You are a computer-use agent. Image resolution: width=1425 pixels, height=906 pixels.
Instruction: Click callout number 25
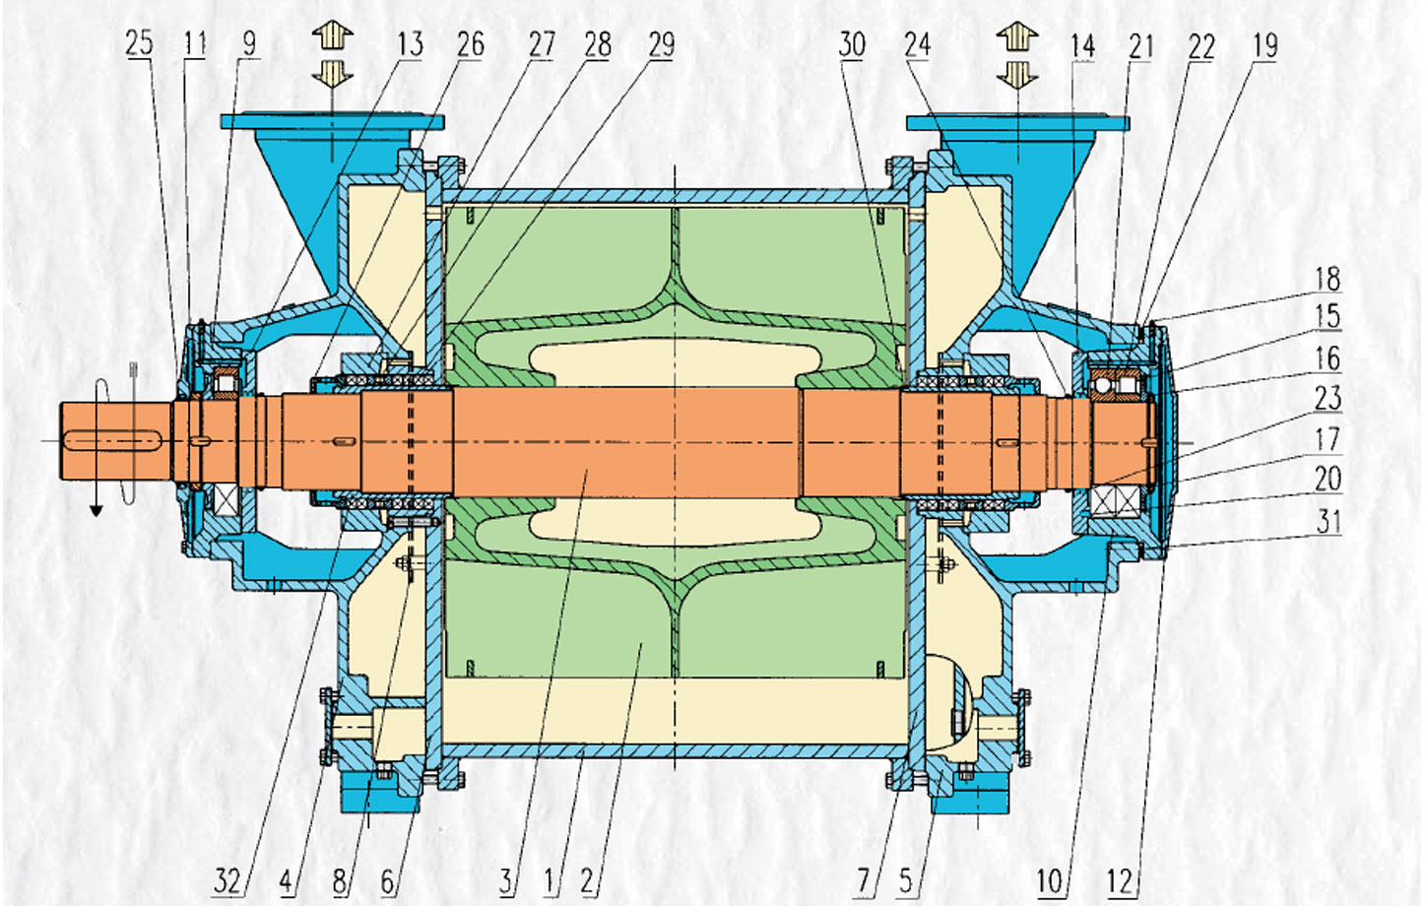click(x=139, y=43)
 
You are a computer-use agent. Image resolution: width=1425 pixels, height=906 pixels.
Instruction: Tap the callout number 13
click(x=411, y=44)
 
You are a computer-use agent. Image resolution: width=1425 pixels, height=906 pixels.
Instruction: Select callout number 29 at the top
click(x=662, y=44)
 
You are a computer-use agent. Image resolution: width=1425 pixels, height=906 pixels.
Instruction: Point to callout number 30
click(x=852, y=44)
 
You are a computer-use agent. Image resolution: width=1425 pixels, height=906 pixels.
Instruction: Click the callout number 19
click(x=1265, y=45)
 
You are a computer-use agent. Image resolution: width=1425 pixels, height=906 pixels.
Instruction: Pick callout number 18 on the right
click(x=1328, y=279)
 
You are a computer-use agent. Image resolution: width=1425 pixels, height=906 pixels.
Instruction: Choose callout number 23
click(x=1328, y=398)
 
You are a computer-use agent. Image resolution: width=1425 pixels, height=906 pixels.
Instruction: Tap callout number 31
click(x=1328, y=522)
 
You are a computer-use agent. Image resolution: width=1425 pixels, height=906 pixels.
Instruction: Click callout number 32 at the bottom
click(x=227, y=881)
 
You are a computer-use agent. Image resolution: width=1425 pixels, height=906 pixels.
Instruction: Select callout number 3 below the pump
click(x=506, y=881)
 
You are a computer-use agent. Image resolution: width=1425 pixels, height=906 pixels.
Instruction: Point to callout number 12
click(x=1121, y=882)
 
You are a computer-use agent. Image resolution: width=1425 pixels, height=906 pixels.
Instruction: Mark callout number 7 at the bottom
click(x=863, y=881)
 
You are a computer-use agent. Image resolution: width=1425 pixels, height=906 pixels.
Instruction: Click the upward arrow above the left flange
click(x=333, y=34)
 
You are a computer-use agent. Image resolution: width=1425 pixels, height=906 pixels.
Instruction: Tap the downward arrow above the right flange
click(x=1017, y=75)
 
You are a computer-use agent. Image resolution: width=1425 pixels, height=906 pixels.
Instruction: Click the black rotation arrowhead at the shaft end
click(x=97, y=510)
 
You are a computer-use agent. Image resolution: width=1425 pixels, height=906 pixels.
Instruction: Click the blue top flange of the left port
click(x=332, y=121)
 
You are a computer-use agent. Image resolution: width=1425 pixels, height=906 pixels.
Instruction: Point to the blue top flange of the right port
click(x=1018, y=123)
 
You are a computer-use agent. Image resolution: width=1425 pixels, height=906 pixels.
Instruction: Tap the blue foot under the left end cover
click(x=380, y=796)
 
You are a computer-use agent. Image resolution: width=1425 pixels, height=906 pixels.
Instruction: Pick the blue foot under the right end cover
click(x=970, y=797)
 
